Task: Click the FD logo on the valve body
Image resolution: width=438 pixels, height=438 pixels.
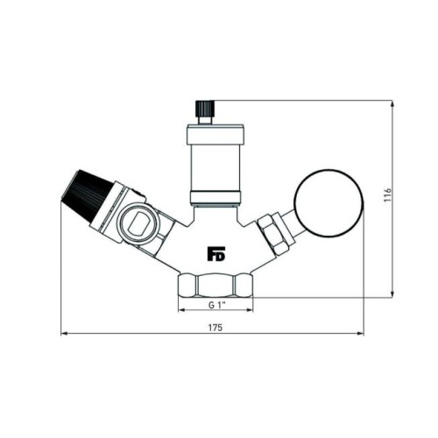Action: click(216, 253)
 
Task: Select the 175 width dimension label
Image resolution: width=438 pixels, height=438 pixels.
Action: click(215, 328)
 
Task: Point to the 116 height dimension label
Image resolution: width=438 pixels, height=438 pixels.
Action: click(387, 195)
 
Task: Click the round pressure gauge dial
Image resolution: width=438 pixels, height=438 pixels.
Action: click(329, 203)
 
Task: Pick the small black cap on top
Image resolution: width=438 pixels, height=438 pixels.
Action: click(205, 109)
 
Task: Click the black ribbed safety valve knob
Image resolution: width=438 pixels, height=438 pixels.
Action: click(87, 196)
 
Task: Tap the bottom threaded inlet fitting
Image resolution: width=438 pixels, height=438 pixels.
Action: click(215, 286)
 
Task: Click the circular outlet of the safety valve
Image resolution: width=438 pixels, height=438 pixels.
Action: click(137, 224)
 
